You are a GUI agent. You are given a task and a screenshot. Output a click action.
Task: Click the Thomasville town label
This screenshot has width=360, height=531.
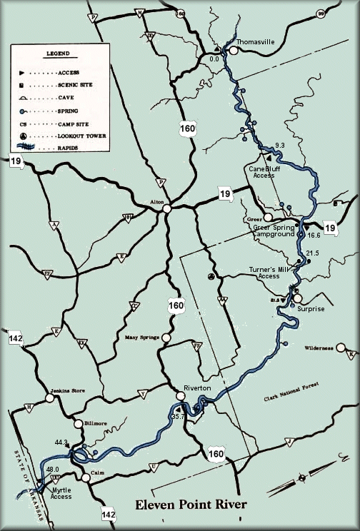[x=256, y=42]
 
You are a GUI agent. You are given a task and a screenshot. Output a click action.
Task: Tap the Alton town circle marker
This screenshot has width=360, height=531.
[x=166, y=209]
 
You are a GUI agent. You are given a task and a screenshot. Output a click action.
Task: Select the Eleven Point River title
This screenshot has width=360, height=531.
[x=191, y=505]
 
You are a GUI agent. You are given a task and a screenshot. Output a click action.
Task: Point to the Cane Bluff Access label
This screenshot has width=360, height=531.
[x=262, y=171]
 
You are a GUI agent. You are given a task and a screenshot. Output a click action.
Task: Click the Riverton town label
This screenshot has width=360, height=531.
[x=197, y=387]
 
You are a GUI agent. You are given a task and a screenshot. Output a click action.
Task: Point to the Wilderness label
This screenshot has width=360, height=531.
[x=319, y=348]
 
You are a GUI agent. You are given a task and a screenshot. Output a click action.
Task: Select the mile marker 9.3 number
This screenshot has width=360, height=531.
[x=279, y=145]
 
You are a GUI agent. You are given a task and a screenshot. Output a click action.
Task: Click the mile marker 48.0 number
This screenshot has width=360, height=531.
[x=52, y=469]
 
